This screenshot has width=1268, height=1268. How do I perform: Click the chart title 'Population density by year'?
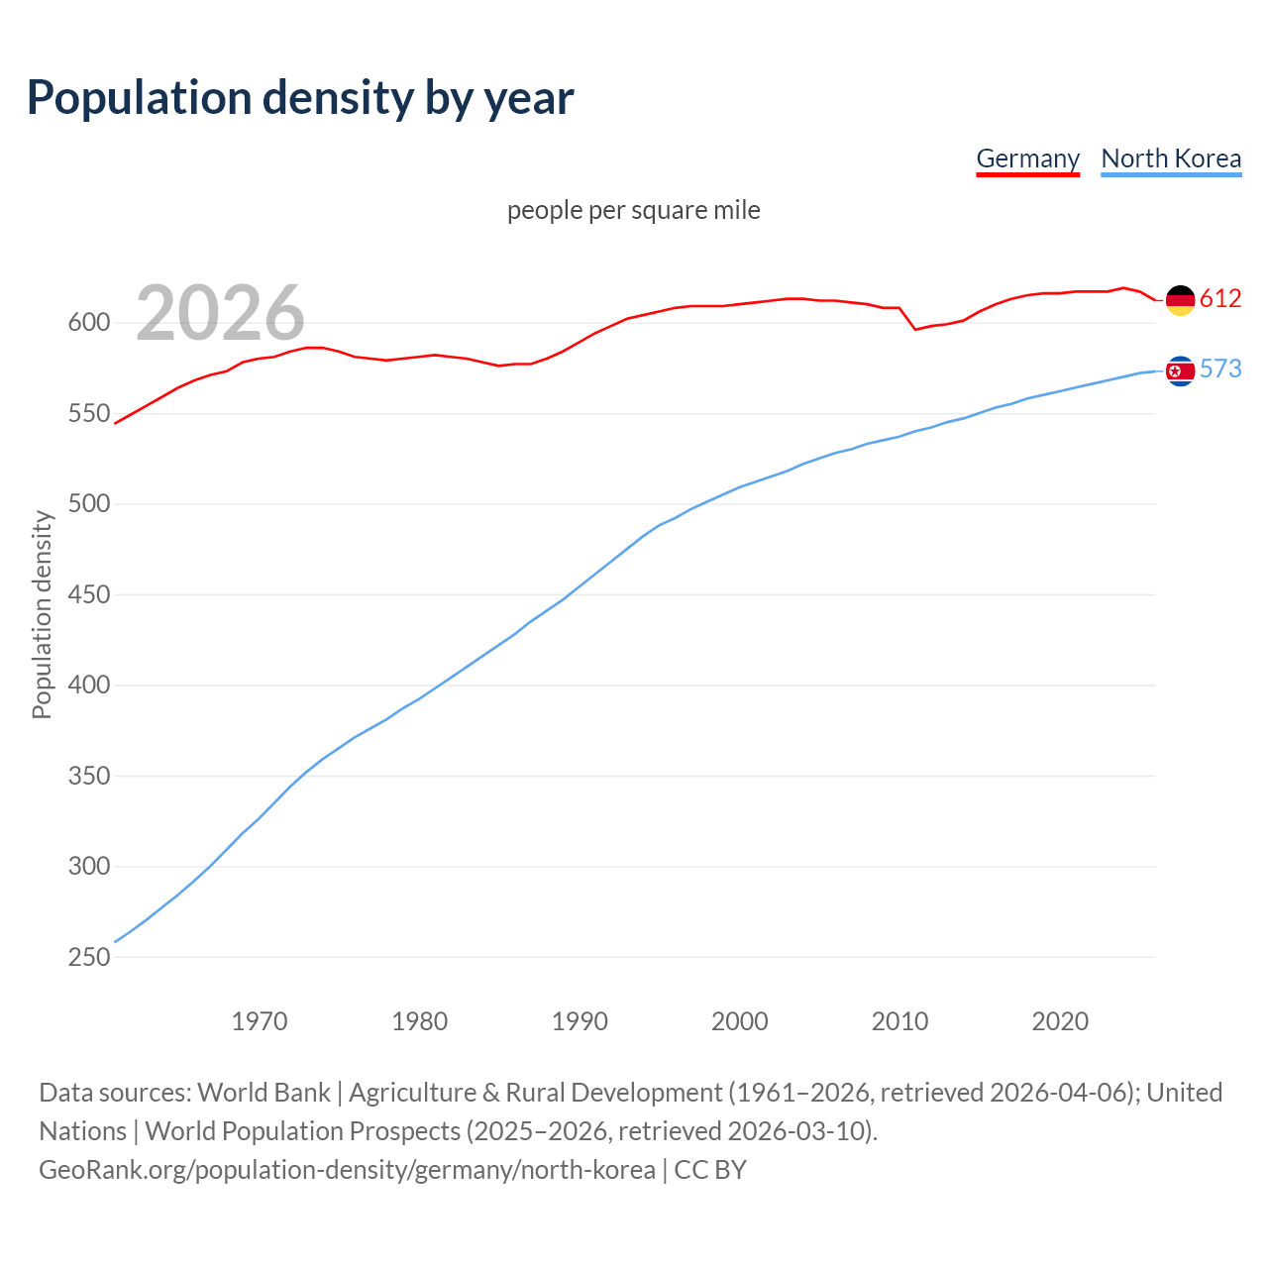(300, 98)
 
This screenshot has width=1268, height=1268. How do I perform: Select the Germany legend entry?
(1027, 158)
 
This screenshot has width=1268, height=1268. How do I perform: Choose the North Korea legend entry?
(1171, 158)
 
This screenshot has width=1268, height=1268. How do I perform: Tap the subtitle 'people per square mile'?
(634, 210)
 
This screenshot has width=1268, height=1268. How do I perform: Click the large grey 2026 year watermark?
(220, 313)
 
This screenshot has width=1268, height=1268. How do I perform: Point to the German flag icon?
(1180, 299)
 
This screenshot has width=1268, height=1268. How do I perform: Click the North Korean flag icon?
(1180, 370)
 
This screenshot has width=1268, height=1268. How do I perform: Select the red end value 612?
(1220, 298)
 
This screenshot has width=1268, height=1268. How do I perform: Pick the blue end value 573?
(1220, 369)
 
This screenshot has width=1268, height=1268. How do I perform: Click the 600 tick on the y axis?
(89, 323)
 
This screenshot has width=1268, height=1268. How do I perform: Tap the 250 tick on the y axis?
(89, 957)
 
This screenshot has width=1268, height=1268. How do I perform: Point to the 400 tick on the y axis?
(89, 686)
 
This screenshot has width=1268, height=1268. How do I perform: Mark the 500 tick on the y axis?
(89, 504)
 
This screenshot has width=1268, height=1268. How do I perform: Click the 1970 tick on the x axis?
(260, 1021)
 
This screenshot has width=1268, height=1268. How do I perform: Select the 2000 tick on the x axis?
(740, 1021)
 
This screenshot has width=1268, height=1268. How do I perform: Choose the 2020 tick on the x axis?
(1060, 1021)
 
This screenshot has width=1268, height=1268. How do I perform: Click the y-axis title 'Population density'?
(42, 614)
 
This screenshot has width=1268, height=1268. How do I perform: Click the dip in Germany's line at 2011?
(915, 329)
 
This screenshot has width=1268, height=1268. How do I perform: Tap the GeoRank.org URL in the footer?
(347, 1170)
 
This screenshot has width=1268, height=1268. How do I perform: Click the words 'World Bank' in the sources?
(264, 1093)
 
